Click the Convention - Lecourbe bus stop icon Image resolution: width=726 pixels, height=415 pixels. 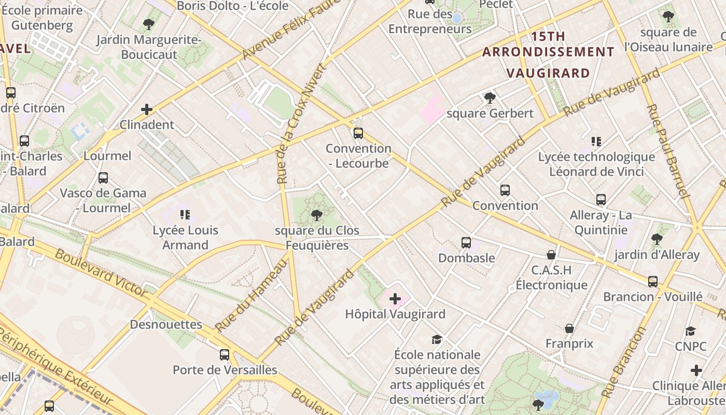tap(358, 133)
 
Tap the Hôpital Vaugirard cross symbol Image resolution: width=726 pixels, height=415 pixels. tap(395, 298)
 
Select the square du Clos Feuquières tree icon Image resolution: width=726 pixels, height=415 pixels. tap(316, 215)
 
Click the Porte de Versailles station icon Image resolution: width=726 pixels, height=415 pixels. tap(224, 355)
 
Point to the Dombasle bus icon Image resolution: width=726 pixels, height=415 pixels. tap(466, 242)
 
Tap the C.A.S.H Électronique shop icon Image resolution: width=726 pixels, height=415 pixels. tap(551, 255)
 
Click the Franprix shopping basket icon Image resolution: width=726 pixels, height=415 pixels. tap(569, 328)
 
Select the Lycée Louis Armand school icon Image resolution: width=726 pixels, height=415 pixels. tap(185, 214)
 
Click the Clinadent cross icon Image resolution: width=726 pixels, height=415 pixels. tap(147, 109)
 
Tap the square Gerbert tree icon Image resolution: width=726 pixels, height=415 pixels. tap(489, 98)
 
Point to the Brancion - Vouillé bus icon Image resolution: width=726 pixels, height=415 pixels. tap(652, 281)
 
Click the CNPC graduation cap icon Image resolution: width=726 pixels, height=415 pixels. tap(690, 331)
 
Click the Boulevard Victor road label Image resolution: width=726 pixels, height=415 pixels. tap(101, 273)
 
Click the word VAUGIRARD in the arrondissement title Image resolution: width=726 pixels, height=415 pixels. tap(548, 73)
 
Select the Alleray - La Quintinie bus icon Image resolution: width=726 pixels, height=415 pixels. tap(601, 199)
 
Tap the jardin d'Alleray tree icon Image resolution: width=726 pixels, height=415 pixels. tap(657, 239)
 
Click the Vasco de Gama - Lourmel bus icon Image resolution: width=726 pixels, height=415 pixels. tap(103, 178)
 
